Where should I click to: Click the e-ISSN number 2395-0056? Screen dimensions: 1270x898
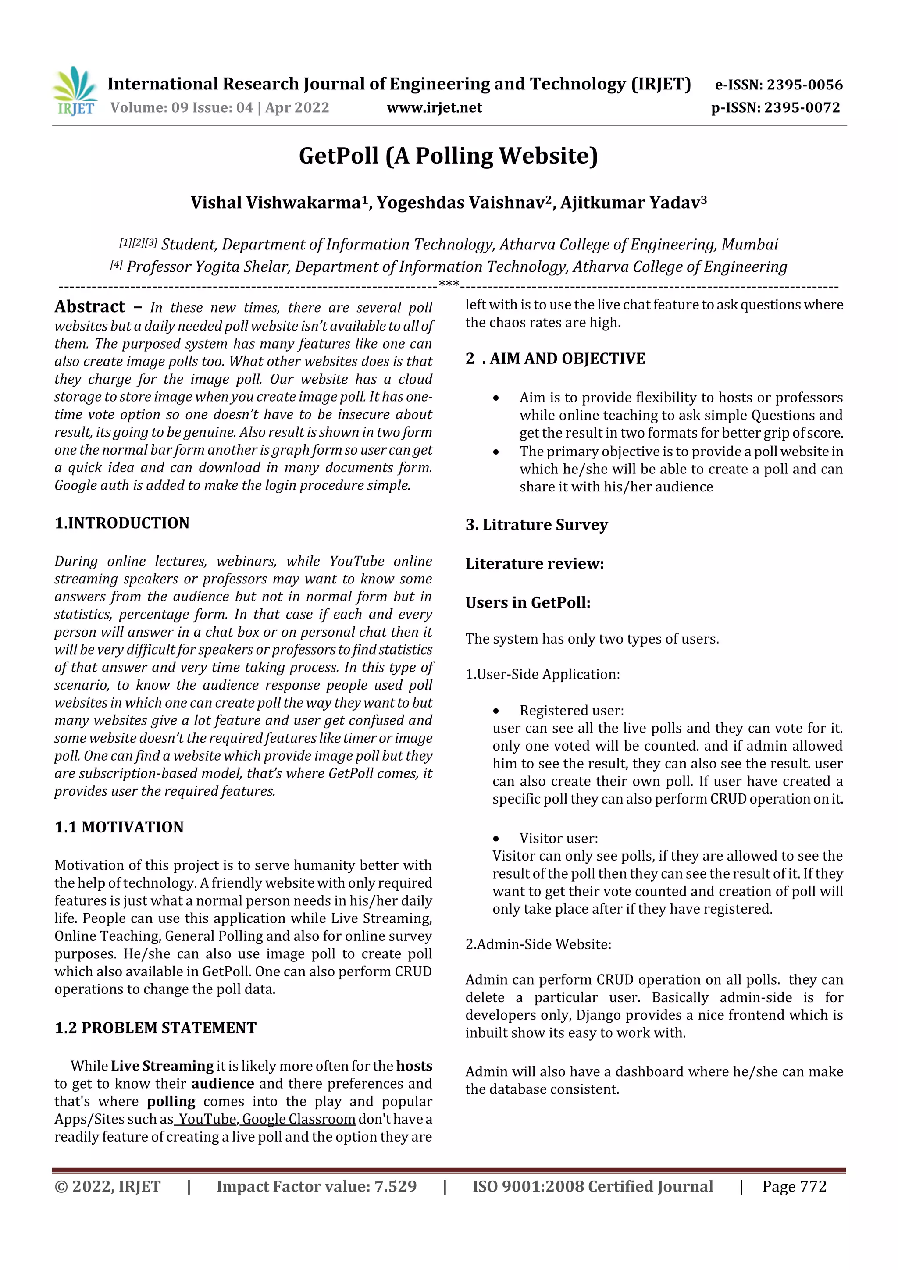point(804,85)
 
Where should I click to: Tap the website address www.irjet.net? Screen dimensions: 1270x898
point(435,108)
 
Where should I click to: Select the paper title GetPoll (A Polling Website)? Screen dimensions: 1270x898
point(448,156)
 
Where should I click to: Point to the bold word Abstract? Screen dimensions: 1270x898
point(89,307)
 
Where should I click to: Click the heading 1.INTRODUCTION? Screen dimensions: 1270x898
point(122,523)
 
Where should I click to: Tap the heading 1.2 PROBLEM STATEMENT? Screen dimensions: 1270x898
point(156,1028)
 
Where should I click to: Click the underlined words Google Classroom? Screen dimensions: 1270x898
point(299,1119)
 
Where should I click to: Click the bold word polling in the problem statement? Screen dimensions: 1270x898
point(171,1101)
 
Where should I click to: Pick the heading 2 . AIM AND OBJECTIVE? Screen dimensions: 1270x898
point(555,359)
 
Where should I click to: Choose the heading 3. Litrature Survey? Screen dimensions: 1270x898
point(536,524)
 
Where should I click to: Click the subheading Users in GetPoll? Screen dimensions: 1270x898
point(528,602)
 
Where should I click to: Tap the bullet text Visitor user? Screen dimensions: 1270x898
point(558,838)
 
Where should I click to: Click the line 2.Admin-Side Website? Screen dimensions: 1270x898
point(538,944)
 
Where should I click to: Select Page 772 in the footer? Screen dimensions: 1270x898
point(794,1186)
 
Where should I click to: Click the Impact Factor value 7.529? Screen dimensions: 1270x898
point(395,1186)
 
